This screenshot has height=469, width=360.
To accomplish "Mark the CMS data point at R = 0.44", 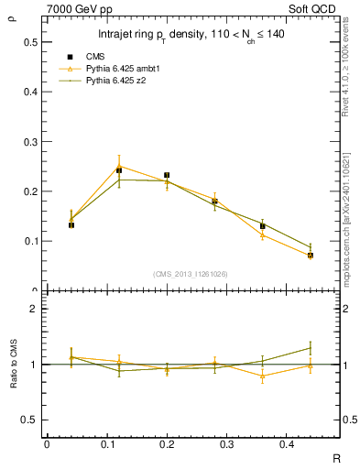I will click(311, 256).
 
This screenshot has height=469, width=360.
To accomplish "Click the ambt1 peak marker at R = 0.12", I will click(119, 166).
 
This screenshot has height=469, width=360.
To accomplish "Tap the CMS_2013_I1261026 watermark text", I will click(191, 274).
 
